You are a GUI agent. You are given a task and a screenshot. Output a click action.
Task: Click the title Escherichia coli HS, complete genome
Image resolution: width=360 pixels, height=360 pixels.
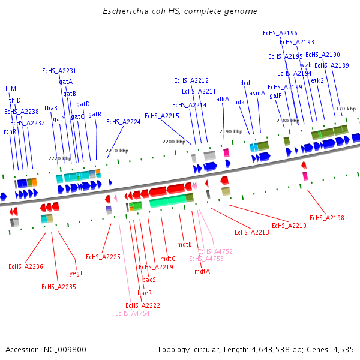click(180, 11)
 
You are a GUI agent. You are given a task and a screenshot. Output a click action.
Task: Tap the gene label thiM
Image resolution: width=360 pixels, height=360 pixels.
click(10, 89)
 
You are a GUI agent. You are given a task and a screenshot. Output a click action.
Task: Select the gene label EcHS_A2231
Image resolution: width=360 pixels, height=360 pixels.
click(59, 71)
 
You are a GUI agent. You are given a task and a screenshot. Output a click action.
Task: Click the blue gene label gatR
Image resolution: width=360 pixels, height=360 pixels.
click(95, 114)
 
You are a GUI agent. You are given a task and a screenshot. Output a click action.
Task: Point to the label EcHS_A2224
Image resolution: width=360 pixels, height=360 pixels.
click(123, 122)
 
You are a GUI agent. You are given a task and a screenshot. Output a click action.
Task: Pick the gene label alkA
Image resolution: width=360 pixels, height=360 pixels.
click(223, 99)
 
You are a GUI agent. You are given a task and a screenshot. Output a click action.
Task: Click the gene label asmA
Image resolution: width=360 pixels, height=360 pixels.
click(257, 93)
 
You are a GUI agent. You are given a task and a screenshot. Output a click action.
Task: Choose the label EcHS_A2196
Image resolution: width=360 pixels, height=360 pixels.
click(280, 33)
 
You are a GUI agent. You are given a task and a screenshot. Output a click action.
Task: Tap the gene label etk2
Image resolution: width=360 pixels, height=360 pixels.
click(317, 80)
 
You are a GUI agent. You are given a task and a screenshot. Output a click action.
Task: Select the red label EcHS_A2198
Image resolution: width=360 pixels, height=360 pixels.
click(326, 218)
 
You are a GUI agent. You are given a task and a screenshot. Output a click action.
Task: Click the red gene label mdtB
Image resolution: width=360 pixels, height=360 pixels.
click(184, 244)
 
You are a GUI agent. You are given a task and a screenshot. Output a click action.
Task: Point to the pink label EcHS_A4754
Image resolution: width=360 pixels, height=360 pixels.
click(132, 313)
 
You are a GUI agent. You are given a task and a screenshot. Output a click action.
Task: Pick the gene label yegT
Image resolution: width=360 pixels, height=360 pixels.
click(76, 273)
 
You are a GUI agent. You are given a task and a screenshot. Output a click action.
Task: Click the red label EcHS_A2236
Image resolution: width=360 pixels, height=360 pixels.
click(25, 266)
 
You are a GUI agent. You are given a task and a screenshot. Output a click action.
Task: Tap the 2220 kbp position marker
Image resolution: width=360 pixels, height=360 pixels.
click(60, 158)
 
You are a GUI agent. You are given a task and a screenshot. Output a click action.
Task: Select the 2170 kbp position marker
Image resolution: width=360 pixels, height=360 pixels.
click(344, 109)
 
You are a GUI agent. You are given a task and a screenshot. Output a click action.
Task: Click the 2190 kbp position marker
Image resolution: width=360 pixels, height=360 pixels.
click(230, 131)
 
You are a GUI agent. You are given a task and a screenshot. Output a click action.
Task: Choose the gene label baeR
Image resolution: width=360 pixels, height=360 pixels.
click(145, 293)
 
